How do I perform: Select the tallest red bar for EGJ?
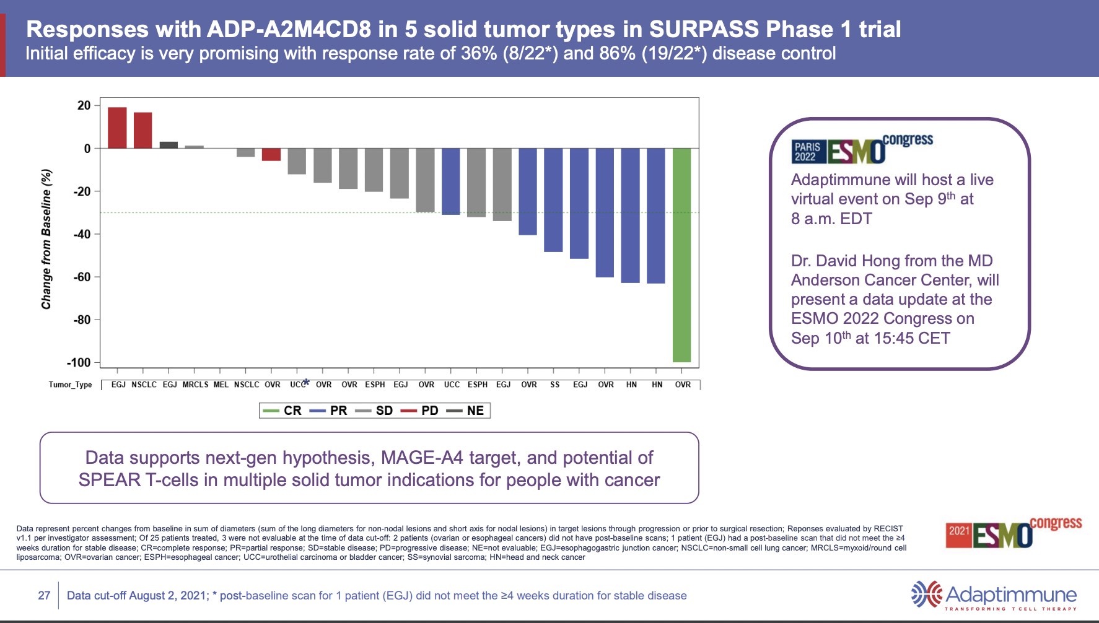click(x=117, y=128)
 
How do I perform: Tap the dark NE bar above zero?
click(x=169, y=145)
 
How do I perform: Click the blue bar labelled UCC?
click(x=450, y=181)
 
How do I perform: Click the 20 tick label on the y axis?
click(x=84, y=105)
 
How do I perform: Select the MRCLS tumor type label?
click(x=195, y=385)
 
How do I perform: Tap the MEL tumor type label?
click(x=221, y=385)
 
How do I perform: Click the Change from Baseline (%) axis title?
click(x=46, y=239)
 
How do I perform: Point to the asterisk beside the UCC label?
click(x=306, y=382)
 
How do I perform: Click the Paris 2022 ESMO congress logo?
click(x=862, y=149)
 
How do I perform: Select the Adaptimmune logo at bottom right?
click(x=994, y=595)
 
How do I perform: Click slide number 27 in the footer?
click(x=44, y=596)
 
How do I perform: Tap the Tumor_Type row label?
click(x=70, y=385)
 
